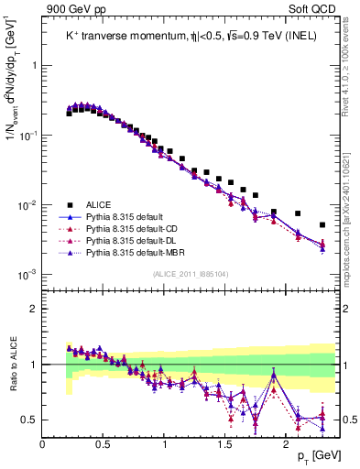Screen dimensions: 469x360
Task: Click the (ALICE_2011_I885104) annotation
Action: point(190,272)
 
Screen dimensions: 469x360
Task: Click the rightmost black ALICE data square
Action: point(322,224)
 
